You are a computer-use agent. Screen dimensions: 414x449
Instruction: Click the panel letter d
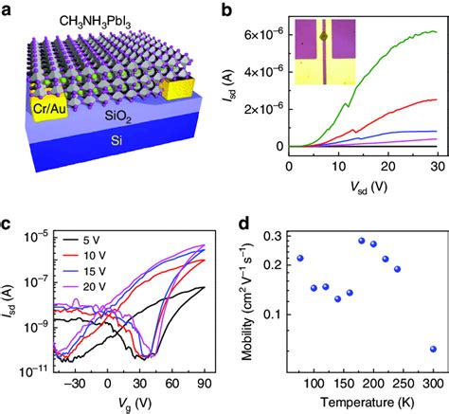(237, 224)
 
